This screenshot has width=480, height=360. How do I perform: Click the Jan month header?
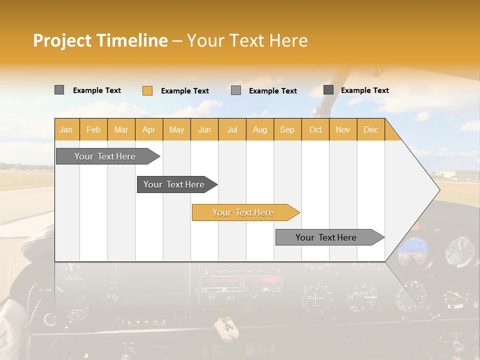coord(66,129)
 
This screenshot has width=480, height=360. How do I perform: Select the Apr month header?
coord(149,129)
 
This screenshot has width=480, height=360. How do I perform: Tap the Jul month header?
coord(232,129)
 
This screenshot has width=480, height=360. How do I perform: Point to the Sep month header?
coord(287,129)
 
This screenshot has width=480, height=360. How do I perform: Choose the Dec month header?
coord(370,129)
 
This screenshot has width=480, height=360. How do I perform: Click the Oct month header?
coord(315,129)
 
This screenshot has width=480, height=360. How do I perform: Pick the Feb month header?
coord(93,129)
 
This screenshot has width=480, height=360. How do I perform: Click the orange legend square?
coord(147,90)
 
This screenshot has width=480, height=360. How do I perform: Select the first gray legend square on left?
coord(59,90)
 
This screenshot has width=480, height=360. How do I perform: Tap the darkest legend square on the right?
coord(328,90)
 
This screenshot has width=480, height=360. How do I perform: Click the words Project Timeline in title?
coord(100,40)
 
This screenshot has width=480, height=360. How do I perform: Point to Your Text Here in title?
coord(247,40)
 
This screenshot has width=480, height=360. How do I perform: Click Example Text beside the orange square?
coord(184,91)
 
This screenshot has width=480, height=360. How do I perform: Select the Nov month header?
coord(343,129)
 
